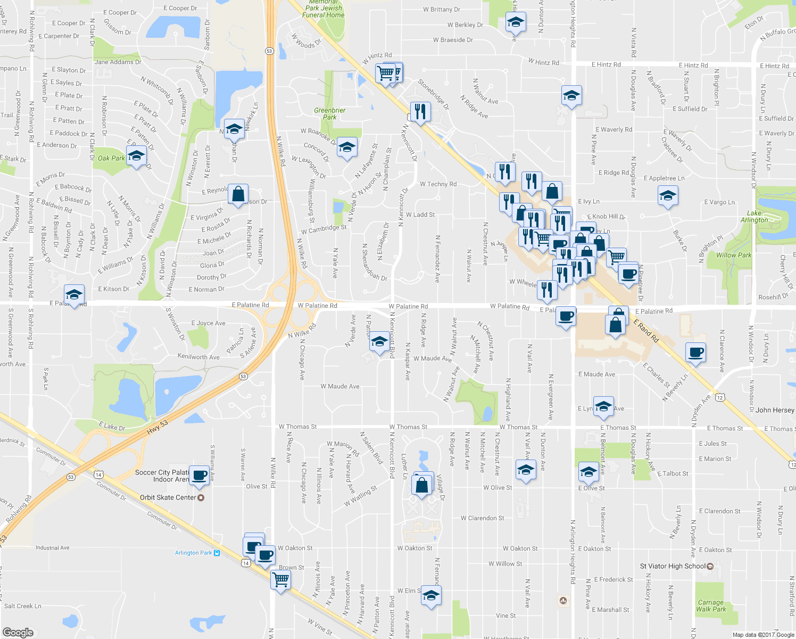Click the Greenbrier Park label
329,113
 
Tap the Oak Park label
111,158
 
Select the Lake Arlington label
754,216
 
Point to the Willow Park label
734,255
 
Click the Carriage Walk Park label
711,606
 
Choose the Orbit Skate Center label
168,497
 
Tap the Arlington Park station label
194,553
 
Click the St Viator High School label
673,566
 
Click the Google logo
18,632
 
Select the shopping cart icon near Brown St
280,578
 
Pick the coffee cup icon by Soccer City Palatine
200,475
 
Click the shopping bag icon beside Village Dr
422,486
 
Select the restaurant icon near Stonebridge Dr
420,111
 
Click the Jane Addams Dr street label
118,62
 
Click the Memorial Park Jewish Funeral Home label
324,9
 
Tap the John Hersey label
775,410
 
